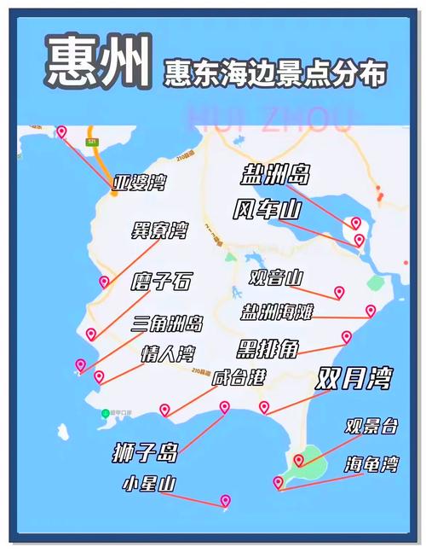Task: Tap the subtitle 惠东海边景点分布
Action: coord(274,73)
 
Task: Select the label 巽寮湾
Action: coord(159,230)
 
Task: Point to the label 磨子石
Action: coord(161,281)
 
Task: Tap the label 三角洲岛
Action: coord(167,323)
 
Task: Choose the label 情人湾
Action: coord(169,354)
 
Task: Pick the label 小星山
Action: coord(149,485)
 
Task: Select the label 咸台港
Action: coord(239,378)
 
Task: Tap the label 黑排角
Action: coord(267,348)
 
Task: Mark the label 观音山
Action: coord(276,276)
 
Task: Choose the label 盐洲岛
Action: coord(273,176)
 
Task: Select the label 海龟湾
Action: coord(371,465)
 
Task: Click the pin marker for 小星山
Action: coord(225,500)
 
